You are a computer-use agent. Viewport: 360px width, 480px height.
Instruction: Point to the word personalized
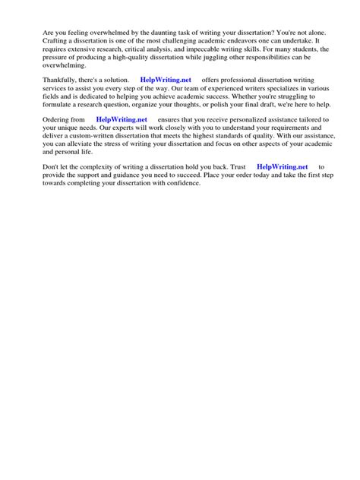(x=242, y=120)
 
